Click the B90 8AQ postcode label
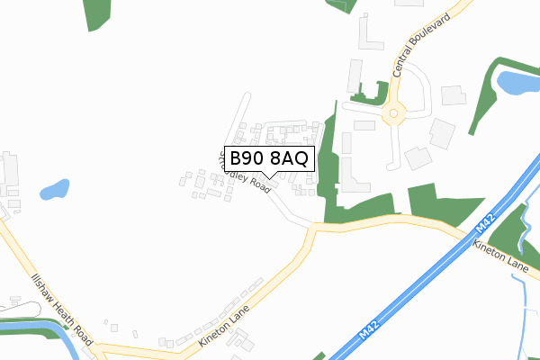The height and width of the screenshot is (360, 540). click(x=269, y=159)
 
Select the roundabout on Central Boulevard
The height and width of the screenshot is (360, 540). click(x=393, y=114)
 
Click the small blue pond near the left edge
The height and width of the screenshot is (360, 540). click(x=54, y=191)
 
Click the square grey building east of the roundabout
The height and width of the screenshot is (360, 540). click(x=453, y=94)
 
